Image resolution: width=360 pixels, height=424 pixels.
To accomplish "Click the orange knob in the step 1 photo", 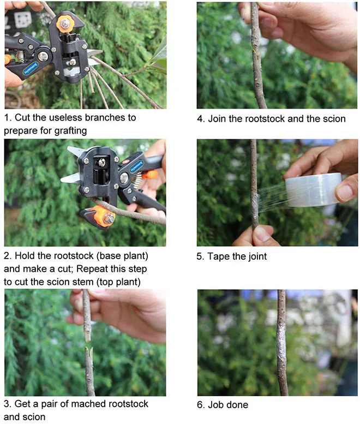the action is [x=64, y=25].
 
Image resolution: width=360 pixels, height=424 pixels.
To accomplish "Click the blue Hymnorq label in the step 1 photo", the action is [x=30, y=69].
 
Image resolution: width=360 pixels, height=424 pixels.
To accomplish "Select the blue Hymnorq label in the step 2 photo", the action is [x=136, y=166].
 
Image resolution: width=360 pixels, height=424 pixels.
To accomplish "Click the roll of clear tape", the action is [x=313, y=189].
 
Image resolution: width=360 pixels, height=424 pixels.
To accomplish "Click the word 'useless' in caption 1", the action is [x=65, y=118].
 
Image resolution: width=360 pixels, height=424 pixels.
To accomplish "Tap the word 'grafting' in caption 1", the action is [x=70, y=131].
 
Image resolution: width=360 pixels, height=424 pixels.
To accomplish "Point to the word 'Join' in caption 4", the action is [x=217, y=119].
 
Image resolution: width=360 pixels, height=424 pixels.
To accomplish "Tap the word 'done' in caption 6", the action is [x=237, y=405].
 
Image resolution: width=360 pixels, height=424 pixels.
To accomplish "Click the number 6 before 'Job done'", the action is [x=200, y=405].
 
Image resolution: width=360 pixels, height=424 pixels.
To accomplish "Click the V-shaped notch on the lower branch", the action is [x=89, y=351].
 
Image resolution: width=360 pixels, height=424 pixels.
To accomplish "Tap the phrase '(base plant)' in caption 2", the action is [x=122, y=256].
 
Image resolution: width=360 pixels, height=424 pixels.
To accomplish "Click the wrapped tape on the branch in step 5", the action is [x=255, y=207].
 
